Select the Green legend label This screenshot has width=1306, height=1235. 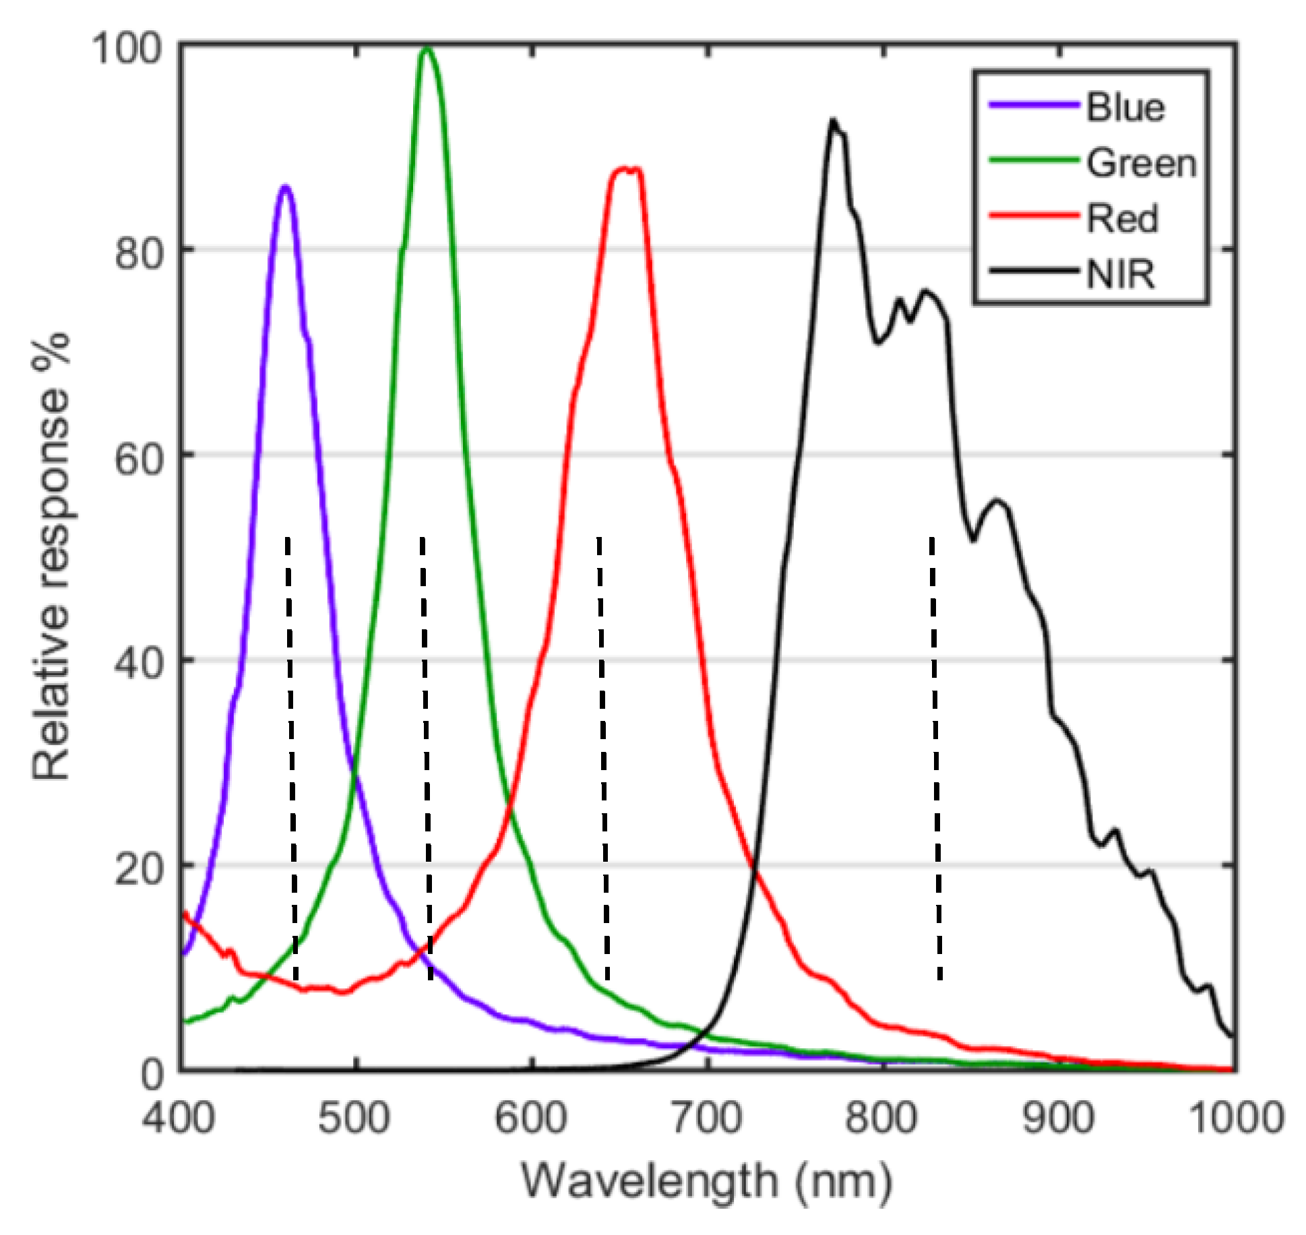coord(1140,164)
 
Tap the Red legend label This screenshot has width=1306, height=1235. coord(1121,219)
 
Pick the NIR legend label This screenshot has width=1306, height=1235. coord(1120,274)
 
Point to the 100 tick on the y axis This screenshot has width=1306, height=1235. coord(127,49)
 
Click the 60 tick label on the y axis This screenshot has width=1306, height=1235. coord(139,460)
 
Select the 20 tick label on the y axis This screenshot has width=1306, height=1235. coord(139,870)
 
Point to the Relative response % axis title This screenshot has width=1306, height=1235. coord(51,557)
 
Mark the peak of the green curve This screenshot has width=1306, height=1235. coord(426,49)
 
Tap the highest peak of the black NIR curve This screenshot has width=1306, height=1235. coord(834,122)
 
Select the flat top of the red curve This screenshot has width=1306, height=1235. coord(626,170)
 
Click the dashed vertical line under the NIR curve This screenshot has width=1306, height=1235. coord(935,755)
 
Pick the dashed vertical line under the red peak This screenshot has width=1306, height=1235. coord(602,755)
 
